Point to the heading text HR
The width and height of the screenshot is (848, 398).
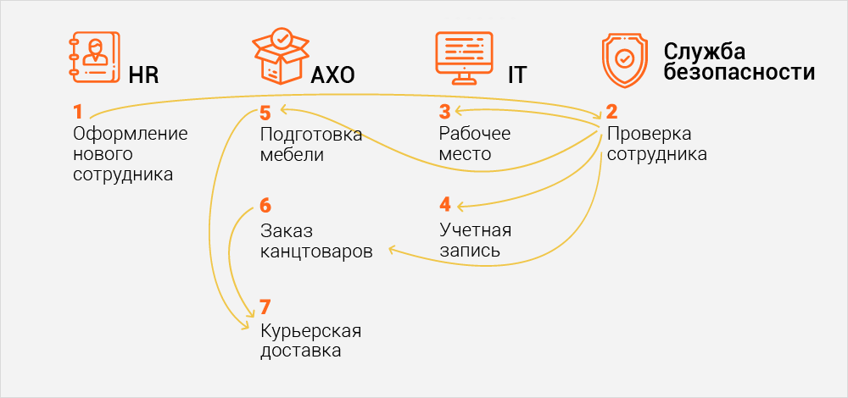pyautogui.click(x=144, y=76)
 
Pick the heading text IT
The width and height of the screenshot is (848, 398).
pyautogui.click(x=516, y=76)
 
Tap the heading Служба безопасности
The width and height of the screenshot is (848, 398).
pyautogui.click(x=739, y=62)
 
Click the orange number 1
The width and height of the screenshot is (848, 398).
pyautogui.click(x=78, y=112)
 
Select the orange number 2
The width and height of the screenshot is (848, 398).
pyautogui.click(x=611, y=112)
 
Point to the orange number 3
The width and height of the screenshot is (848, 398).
pyautogui.click(x=444, y=112)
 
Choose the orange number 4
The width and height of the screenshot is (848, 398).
pyautogui.click(x=445, y=205)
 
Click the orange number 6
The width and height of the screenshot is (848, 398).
pyautogui.click(x=265, y=206)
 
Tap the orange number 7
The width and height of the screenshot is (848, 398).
pyautogui.click(x=265, y=307)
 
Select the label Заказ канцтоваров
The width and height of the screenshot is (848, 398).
pyautogui.click(x=316, y=240)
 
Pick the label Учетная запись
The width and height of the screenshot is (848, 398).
pyautogui.click(x=475, y=240)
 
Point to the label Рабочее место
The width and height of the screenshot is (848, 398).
pyautogui.click(x=475, y=144)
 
